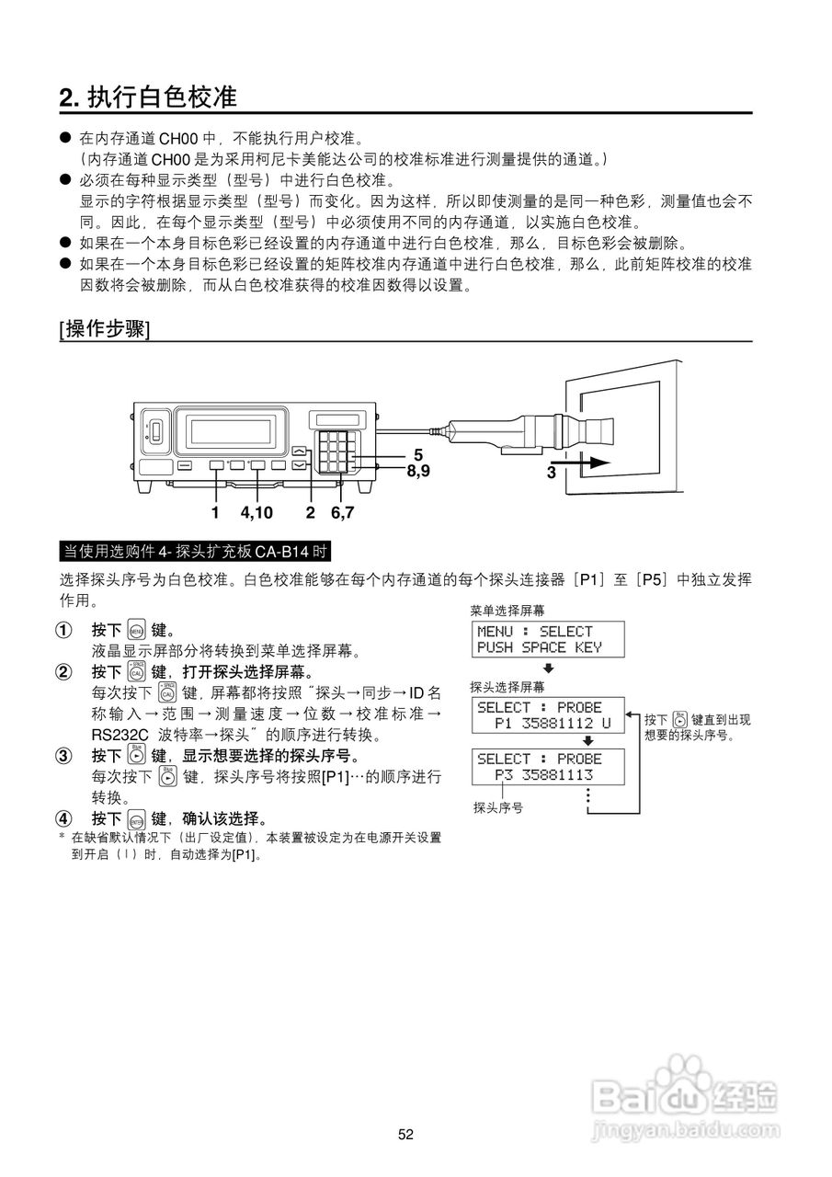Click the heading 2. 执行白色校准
click(x=148, y=97)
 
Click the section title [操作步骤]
click(x=104, y=329)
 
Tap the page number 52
click(x=406, y=1135)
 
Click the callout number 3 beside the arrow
click(x=551, y=472)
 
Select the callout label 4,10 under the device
click(x=256, y=512)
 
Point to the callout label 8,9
click(x=418, y=470)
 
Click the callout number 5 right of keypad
click(x=418, y=454)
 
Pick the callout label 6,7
click(x=343, y=512)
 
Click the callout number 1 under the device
click(x=215, y=512)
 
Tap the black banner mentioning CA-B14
click(x=194, y=552)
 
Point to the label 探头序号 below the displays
click(x=498, y=808)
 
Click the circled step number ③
click(x=63, y=756)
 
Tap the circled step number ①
click(x=63, y=631)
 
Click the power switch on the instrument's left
click(x=155, y=429)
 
